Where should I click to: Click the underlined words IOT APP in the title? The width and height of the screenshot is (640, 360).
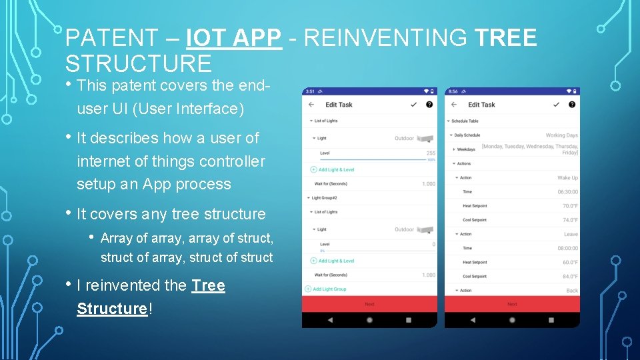234,39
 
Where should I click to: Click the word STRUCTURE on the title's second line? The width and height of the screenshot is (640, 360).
139,63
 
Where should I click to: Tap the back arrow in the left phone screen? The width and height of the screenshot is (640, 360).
311,105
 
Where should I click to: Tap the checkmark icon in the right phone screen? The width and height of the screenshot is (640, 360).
557,105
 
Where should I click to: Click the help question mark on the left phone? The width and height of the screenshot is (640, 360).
429,105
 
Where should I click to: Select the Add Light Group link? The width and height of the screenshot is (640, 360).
329,289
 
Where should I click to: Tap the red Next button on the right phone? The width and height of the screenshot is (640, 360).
512,304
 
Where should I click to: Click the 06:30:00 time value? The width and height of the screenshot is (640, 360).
567,192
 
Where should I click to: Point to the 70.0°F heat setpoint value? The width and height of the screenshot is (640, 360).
570,206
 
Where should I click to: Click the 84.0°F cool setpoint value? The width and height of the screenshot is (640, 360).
570,277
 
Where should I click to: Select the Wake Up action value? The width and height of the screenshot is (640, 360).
567,178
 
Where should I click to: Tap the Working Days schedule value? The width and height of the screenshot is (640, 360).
561,135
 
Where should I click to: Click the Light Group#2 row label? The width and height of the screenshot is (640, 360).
325,198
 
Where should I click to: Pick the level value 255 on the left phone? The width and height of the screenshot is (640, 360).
431,153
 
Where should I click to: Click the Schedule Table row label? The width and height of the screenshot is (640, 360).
465,121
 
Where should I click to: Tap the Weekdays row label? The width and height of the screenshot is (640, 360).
466,149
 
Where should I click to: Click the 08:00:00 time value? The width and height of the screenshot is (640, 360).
567,248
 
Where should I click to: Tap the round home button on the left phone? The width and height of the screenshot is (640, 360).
369,320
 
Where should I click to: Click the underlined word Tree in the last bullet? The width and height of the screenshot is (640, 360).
208,285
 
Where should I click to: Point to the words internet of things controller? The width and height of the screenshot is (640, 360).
171,161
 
